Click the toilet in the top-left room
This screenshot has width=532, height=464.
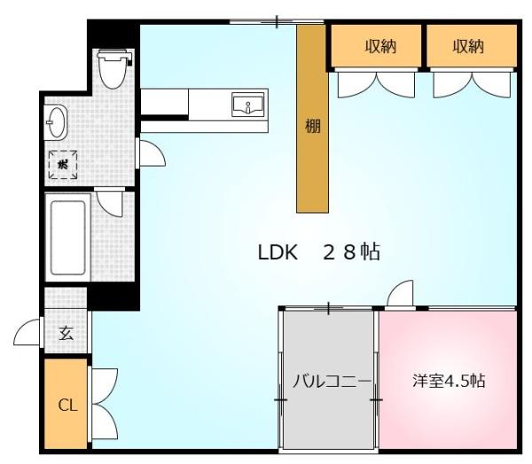click(x=113, y=67)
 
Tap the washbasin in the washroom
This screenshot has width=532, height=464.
click(x=55, y=122)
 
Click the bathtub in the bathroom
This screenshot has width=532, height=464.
click(x=67, y=237)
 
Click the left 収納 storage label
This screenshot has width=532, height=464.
click(x=380, y=47)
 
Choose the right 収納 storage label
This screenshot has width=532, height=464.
click(x=469, y=47)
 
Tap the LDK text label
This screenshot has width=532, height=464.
click(x=277, y=253)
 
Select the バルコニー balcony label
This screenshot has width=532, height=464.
click(x=330, y=382)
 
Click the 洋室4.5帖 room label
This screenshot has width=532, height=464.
click(x=449, y=381)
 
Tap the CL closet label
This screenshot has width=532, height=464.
click(x=66, y=406)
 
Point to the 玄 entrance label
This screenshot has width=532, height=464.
click(x=66, y=334)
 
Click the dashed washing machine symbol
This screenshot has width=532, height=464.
click(x=63, y=164)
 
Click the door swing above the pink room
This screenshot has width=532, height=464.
click(x=402, y=294)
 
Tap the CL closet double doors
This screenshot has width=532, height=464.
click(x=101, y=404)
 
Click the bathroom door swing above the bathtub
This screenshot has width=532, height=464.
click(x=112, y=203)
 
